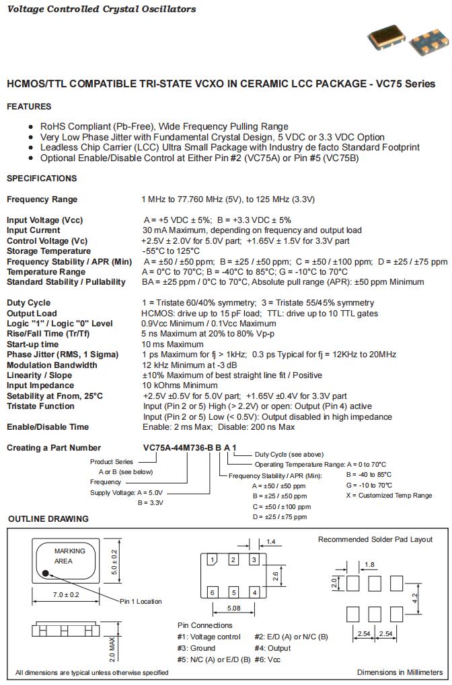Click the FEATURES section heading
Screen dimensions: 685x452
pyautogui.click(x=28, y=106)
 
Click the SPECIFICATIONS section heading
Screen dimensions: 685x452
pyautogui.click(x=42, y=178)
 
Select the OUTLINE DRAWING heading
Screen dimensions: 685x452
pyautogui.click(x=48, y=518)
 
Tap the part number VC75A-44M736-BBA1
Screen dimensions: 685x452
pyautogui.click(x=189, y=447)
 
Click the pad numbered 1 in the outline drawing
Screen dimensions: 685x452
pyautogui.click(x=212, y=559)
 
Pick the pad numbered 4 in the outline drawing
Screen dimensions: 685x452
pyautogui.click(x=254, y=592)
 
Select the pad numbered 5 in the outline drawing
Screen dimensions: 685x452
pyautogui.click(x=233, y=592)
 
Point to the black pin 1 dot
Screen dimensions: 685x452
pyautogui.click(x=46, y=574)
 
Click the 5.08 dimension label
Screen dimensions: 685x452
pyautogui.click(x=233, y=608)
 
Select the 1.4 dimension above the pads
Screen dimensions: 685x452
pyautogui.click(x=272, y=541)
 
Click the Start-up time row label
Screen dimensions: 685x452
pyautogui.click(x=32, y=344)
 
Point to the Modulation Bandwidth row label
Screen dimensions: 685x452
pyautogui.click(x=52, y=365)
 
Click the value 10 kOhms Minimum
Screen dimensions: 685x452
pyautogui.click(x=180, y=385)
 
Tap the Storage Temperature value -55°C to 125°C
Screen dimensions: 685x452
pyautogui.click(x=171, y=251)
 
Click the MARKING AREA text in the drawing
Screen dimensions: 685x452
pyautogui.click(x=69, y=555)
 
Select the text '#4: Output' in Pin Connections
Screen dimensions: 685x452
pyautogui.click(x=272, y=648)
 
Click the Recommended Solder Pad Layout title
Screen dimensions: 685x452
pyautogui.click(x=375, y=539)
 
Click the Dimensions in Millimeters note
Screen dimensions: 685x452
pyautogui.click(x=400, y=672)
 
